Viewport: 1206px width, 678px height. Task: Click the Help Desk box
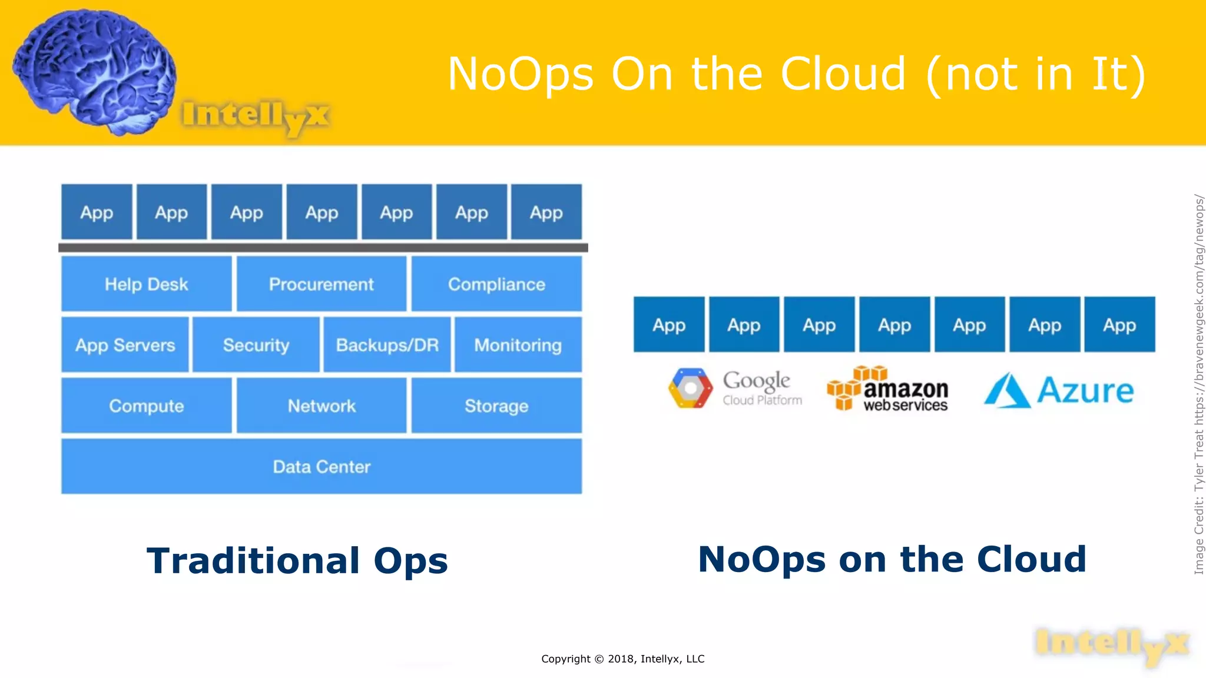(146, 284)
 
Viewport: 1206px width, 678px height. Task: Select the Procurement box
(322, 284)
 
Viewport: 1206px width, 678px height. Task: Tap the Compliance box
(496, 284)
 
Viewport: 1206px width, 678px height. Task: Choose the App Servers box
(125, 345)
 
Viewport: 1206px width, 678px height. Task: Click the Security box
(256, 345)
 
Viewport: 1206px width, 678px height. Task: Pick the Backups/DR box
(387, 345)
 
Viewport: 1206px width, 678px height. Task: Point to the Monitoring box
(518, 345)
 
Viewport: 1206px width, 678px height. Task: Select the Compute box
(146, 406)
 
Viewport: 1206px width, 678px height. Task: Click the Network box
(322, 406)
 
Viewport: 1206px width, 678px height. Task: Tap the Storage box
(496, 406)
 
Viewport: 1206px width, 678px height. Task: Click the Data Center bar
(322, 467)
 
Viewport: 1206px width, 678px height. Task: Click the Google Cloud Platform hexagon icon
(690, 388)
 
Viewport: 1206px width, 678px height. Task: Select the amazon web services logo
(887, 388)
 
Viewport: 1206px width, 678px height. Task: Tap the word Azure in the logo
(1085, 391)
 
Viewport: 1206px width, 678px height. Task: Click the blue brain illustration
(94, 71)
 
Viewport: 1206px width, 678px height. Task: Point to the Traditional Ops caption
(297, 560)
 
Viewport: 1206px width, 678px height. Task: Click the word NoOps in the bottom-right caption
(761, 559)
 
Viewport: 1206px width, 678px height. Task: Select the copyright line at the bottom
(622, 659)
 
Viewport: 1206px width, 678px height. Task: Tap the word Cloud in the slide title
(843, 74)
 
